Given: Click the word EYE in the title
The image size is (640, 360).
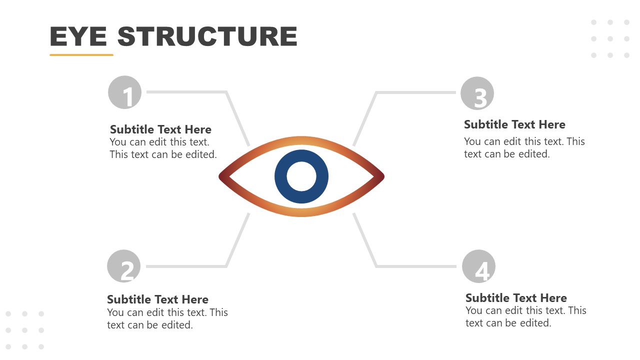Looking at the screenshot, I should [78, 36].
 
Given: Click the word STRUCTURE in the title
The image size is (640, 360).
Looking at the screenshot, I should [207, 36].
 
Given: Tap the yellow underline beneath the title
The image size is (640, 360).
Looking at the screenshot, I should [81, 54].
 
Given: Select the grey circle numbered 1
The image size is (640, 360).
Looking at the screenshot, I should [125, 92].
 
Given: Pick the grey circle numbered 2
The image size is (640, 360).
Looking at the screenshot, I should [124, 266].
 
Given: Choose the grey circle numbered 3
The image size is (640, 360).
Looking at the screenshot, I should [477, 93].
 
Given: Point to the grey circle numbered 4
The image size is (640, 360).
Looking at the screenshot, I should [478, 266].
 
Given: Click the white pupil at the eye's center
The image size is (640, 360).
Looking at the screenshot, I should [301, 176].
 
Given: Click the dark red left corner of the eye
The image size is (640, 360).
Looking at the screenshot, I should [223, 176].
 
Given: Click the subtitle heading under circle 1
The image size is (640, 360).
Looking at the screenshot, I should [160, 129].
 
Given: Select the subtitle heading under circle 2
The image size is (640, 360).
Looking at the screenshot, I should [157, 299].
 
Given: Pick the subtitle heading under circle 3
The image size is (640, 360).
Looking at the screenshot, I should [514, 124].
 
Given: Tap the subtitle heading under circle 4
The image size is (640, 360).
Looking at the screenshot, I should [516, 298].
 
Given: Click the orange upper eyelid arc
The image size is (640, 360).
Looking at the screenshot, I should [301, 140].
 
